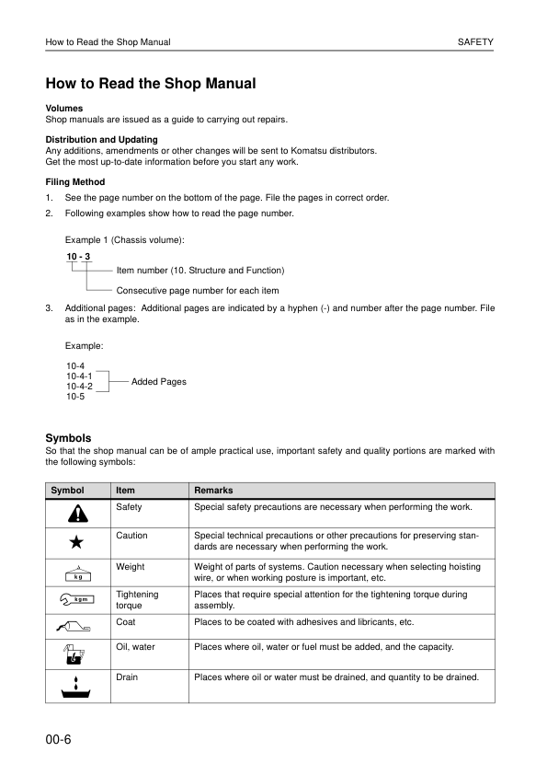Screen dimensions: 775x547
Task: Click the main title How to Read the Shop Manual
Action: pyautogui.click(x=151, y=84)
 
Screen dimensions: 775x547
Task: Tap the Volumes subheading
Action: pyautogui.click(x=64, y=109)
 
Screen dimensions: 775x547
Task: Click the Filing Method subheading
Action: pyautogui.click(x=75, y=182)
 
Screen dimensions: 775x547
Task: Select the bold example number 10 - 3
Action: pyautogui.click(x=78, y=255)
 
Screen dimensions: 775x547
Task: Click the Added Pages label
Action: pyautogui.click(x=159, y=381)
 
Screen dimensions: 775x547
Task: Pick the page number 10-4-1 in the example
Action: pyautogui.click(x=79, y=376)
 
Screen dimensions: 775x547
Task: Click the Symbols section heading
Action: pyautogui.click(x=68, y=437)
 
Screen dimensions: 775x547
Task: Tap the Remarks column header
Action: pyautogui.click(x=213, y=491)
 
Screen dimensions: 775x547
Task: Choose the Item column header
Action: pyautogui.click(x=127, y=491)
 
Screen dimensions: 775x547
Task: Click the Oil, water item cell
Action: pyautogui.click(x=136, y=647)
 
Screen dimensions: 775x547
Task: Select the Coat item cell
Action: pyautogui.click(x=127, y=622)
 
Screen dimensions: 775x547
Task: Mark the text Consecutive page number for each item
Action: pyautogui.click(x=198, y=291)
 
